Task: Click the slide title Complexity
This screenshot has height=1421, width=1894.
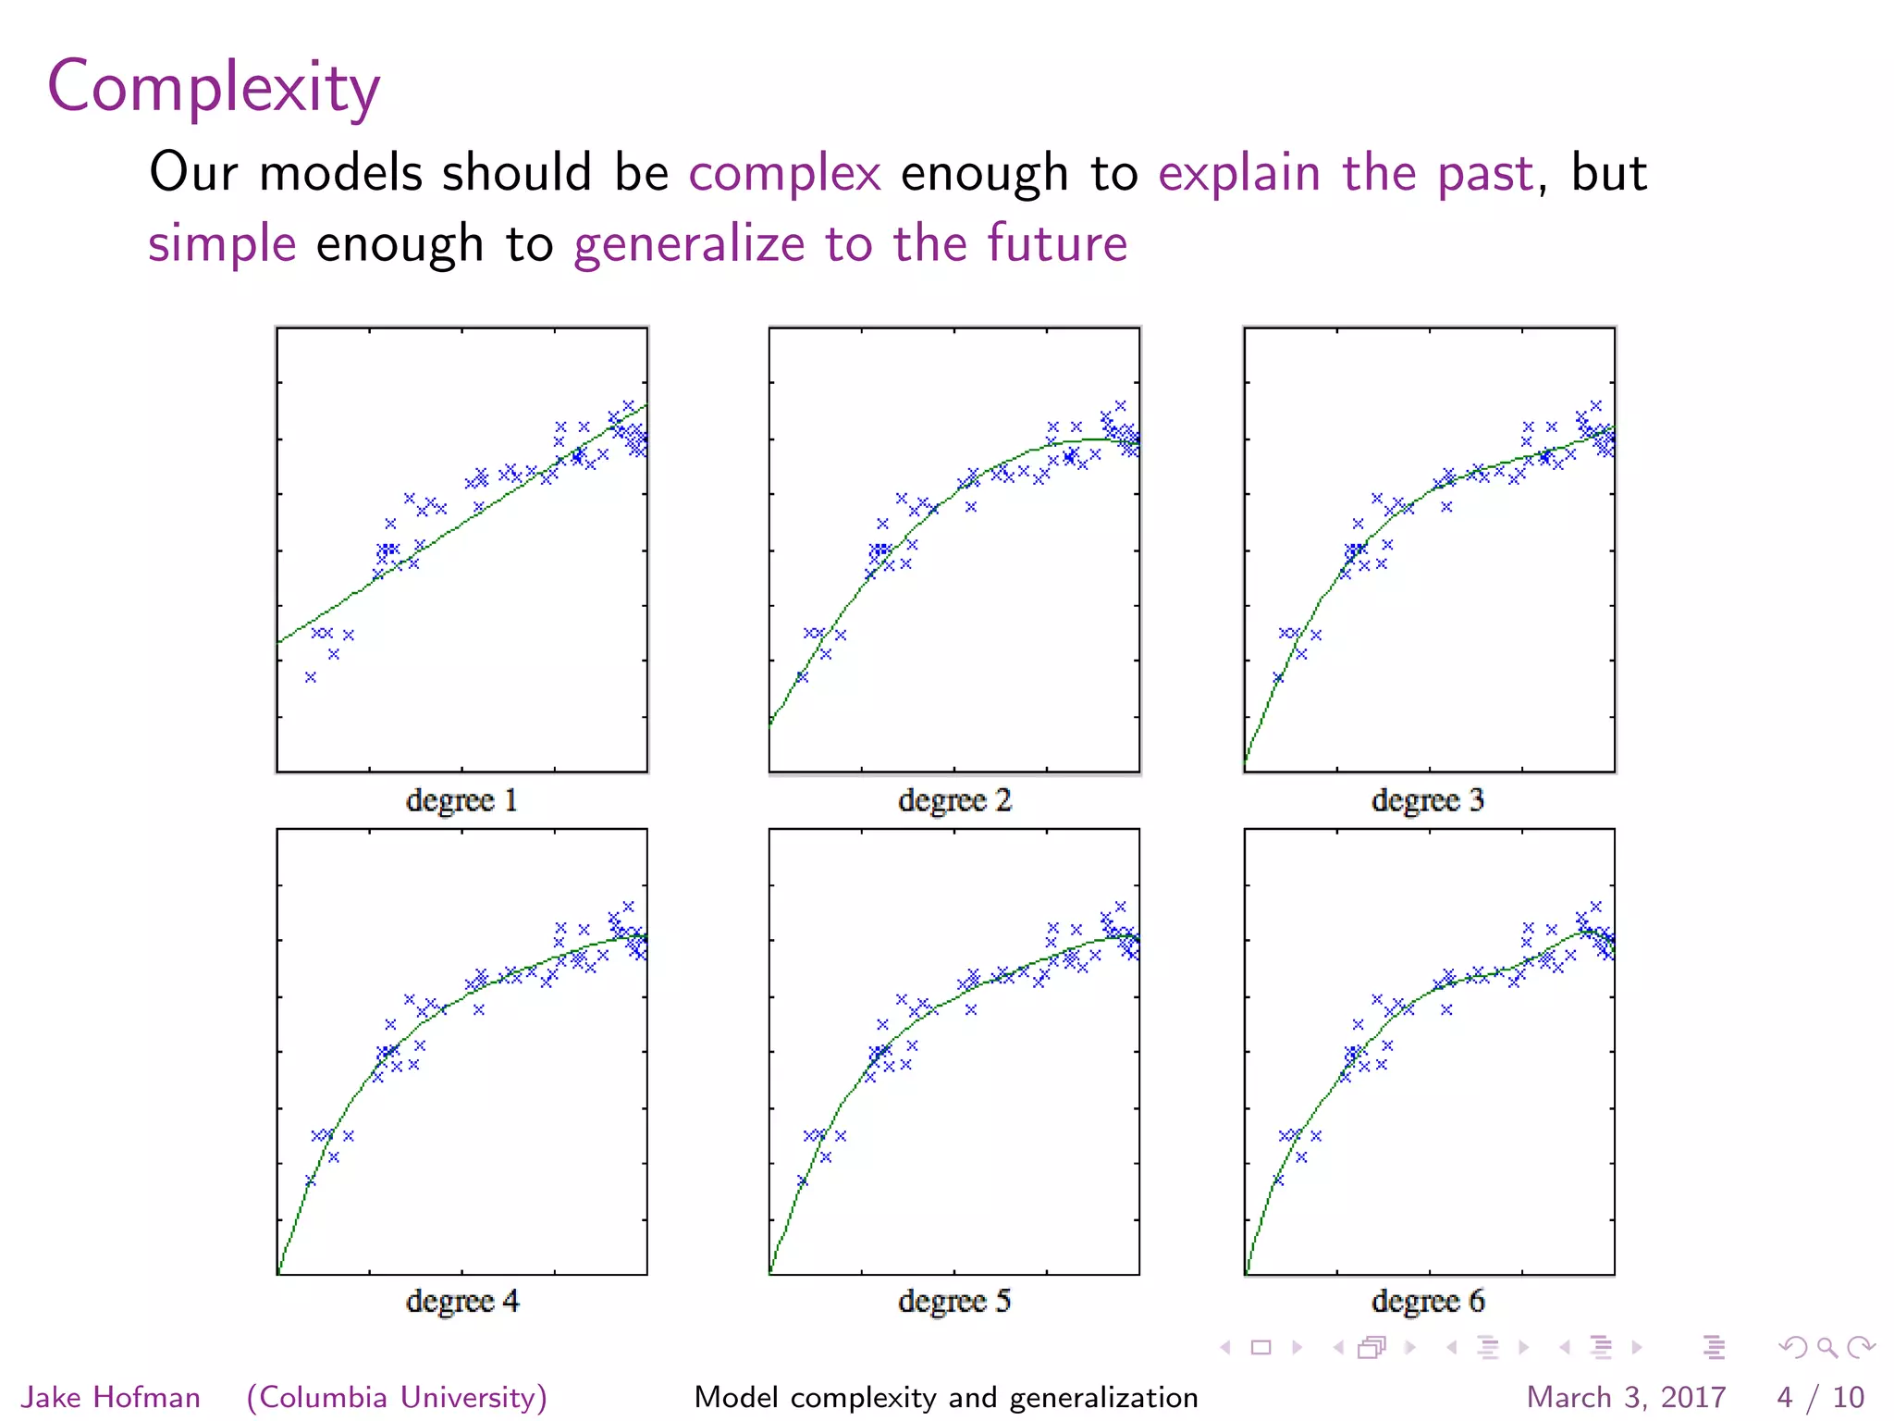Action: pos(214,88)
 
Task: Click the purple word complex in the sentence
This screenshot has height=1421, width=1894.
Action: pos(784,173)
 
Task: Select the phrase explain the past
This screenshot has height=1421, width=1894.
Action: pos(1346,173)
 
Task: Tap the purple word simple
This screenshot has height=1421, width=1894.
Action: pos(222,243)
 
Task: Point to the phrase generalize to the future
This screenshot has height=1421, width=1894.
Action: pos(850,243)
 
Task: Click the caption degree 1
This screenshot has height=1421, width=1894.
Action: pos(461,800)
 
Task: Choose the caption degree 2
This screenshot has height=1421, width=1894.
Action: pos(954,800)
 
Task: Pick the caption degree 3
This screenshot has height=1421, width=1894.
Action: pos(1428,800)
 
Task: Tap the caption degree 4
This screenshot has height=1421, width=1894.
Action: pos(462,1302)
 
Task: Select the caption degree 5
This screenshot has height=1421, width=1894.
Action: pos(954,1302)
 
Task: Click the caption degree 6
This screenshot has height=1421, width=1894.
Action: pos(1428,1302)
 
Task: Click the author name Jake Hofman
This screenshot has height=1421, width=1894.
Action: pos(111,1397)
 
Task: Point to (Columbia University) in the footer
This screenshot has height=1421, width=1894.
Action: pos(397,1397)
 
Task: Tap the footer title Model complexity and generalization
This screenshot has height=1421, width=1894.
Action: pos(946,1397)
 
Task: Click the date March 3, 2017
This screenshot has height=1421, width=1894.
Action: pos(1626,1397)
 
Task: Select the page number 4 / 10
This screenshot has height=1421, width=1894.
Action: pos(1820,1397)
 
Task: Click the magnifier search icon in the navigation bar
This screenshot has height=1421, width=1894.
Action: pos(1826,1347)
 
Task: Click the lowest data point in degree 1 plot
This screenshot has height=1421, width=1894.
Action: pos(311,677)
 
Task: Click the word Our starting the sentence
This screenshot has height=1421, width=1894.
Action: pos(193,173)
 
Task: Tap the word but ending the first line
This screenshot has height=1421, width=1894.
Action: pos(1609,173)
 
